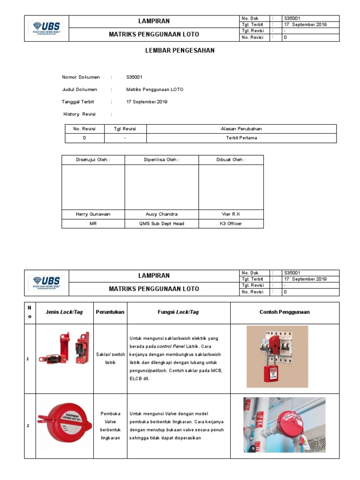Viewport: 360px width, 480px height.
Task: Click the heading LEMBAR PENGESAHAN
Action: (x=180, y=51)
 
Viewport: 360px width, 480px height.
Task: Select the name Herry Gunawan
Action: (x=93, y=214)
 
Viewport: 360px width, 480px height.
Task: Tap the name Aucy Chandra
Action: (x=162, y=214)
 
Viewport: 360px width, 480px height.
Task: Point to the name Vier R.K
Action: (x=231, y=214)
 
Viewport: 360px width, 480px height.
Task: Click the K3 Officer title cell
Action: (x=231, y=224)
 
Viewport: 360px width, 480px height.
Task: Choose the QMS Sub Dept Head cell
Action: (x=162, y=224)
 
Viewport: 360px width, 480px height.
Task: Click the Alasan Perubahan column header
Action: (x=241, y=129)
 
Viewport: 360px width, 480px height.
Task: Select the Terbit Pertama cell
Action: (x=241, y=138)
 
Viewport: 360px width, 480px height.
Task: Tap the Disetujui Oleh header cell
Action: (x=93, y=160)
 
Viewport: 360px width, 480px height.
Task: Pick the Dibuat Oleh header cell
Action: (x=231, y=160)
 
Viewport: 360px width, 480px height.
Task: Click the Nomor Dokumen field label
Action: (x=81, y=77)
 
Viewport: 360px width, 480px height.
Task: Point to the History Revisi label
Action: (x=79, y=114)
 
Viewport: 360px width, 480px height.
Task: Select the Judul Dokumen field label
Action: (x=80, y=89)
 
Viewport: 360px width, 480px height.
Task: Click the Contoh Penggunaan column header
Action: (x=285, y=312)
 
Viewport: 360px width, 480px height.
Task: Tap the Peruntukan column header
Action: (x=110, y=312)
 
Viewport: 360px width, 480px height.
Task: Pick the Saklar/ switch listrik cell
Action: (x=110, y=359)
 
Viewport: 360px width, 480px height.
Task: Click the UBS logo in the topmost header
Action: (x=47, y=28)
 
